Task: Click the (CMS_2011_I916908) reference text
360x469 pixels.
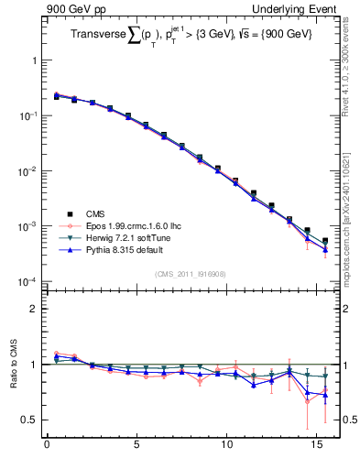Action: pyautogui.click(x=191, y=273)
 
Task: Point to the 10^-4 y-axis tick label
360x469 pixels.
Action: pyautogui.click(x=27, y=281)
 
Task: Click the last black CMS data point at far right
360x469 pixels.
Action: pyautogui.click(x=325, y=241)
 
